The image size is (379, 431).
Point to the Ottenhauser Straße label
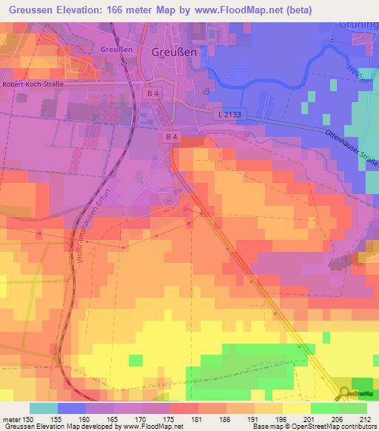[x=351, y=147]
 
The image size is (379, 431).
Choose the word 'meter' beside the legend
[x=10, y=418]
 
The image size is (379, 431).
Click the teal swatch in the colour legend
[x=44, y=408]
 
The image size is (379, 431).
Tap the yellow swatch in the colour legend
[x=296, y=408]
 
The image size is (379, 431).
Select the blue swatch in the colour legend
[x=72, y=408]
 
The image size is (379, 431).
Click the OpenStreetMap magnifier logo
[x=345, y=392]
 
